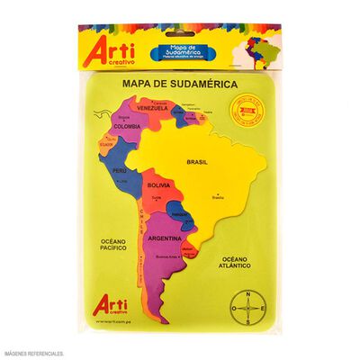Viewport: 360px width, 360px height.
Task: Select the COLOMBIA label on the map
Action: (x=127, y=126)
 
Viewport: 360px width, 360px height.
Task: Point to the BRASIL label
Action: (x=197, y=162)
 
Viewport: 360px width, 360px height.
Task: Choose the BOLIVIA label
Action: (x=159, y=184)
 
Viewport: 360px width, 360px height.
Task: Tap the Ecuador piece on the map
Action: (x=107, y=142)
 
